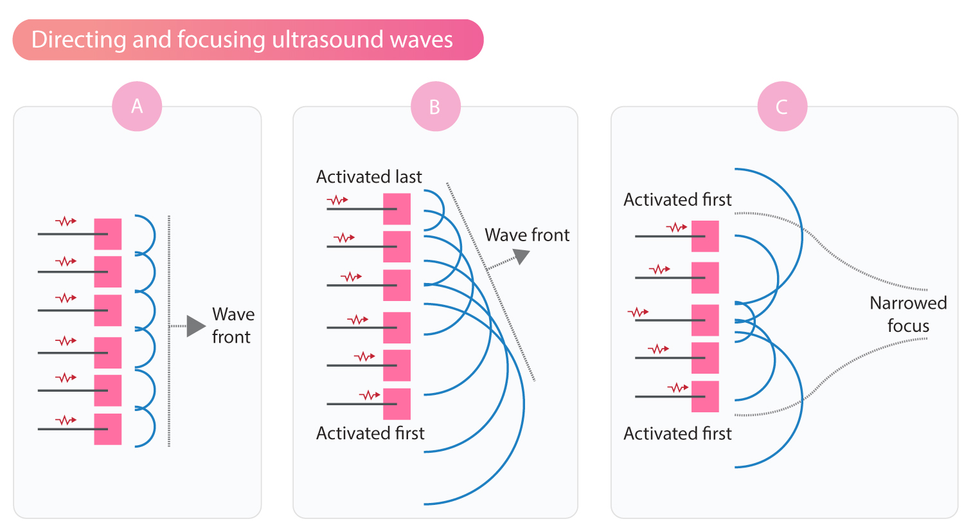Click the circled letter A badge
point(137,106)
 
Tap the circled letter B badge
point(435,107)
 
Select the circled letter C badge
point(782,107)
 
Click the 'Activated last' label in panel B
point(369,177)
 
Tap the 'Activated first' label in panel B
point(370,434)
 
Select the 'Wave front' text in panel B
point(527,235)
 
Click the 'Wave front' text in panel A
point(233,325)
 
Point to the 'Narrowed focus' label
point(907,315)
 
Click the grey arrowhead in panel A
point(195,326)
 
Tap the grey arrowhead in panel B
point(522,256)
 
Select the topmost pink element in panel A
point(108,234)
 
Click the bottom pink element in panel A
point(108,429)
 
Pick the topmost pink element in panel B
point(397,209)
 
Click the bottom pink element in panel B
point(397,404)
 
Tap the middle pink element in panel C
point(705,320)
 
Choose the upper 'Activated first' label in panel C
point(677,200)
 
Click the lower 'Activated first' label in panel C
point(677,434)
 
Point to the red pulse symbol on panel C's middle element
point(638,313)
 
